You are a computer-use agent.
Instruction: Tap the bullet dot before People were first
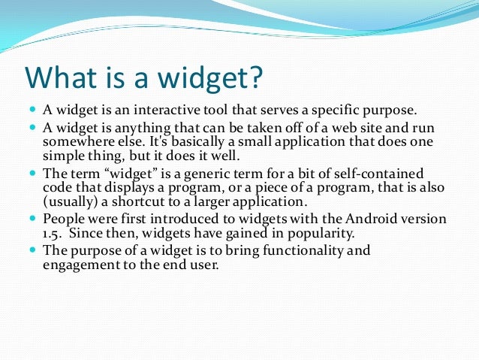32,219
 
